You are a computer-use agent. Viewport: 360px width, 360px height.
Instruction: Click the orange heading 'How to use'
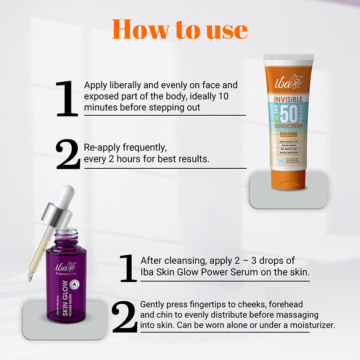tap(180, 29)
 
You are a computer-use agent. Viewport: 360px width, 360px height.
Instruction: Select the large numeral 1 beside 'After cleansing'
tap(128, 268)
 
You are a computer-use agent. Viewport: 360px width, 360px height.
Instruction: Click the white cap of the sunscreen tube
tap(288, 59)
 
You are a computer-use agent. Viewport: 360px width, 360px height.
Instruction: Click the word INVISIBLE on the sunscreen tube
tap(288, 99)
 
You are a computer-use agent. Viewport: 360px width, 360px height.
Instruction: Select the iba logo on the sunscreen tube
tap(288, 81)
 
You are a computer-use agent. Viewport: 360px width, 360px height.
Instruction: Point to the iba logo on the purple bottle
tap(61, 266)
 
